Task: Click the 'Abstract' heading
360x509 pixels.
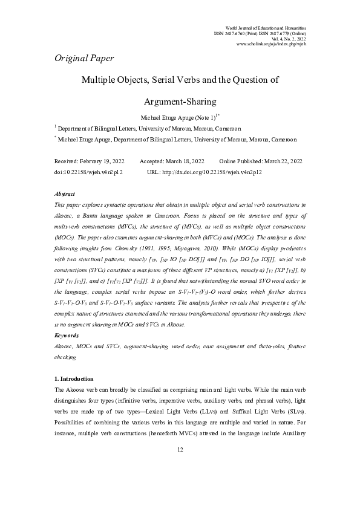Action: [65, 194]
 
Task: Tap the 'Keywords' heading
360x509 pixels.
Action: [67, 334]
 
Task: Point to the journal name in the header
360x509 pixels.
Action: [266, 28]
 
